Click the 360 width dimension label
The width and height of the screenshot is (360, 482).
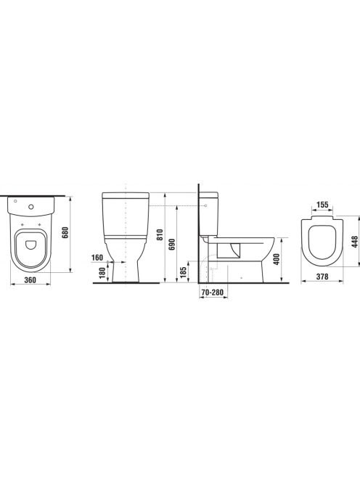[30, 279]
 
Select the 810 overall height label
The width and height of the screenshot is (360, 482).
[159, 235]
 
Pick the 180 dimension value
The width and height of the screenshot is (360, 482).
[102, 273]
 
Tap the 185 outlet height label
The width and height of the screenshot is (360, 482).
[183, 273]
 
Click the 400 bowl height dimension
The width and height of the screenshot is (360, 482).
[277, 259]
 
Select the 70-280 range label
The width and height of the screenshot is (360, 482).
[212, 292]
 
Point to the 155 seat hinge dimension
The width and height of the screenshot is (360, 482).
[322, 205]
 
